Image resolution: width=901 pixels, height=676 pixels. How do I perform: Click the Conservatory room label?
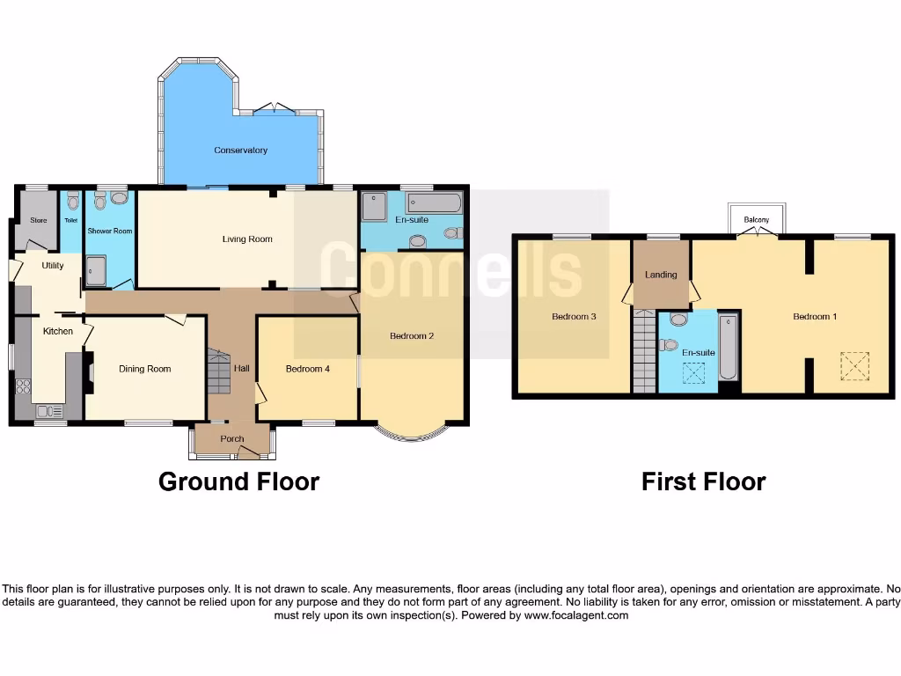240,151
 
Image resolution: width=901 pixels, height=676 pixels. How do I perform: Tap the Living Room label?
246,239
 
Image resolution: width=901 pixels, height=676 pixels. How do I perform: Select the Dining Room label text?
144,369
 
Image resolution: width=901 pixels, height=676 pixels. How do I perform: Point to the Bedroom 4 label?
308,369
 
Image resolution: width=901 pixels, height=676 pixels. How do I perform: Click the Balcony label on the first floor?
756,219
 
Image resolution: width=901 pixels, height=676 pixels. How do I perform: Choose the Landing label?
661,275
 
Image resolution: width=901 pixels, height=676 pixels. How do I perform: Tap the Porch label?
232,438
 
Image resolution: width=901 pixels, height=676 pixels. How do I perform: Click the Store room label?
38,220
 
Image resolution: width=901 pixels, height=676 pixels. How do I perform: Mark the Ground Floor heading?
238,481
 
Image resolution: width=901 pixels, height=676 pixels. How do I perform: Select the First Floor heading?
703,481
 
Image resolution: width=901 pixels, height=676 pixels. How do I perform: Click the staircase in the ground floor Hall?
217,371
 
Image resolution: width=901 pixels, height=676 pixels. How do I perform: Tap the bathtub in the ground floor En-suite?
436,204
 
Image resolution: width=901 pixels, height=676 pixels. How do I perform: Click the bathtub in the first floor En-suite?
729,349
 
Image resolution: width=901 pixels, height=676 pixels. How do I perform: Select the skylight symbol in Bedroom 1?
854,364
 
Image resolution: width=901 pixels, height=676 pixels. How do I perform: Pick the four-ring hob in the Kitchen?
23,386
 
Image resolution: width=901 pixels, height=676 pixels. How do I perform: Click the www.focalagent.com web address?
576,615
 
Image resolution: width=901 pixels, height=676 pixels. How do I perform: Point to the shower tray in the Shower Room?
95,271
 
